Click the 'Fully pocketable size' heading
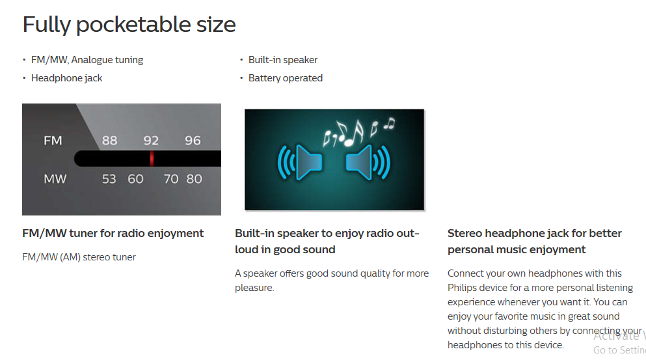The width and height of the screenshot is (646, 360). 129,25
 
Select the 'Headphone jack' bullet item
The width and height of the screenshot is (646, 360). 67,78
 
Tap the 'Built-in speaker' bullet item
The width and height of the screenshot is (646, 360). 283,60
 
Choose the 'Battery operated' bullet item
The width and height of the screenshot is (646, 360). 286,78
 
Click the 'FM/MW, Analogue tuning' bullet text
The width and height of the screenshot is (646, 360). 87,60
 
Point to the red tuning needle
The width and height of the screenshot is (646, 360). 152,159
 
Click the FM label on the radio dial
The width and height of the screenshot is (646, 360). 53,141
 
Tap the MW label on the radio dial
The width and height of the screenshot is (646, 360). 55,179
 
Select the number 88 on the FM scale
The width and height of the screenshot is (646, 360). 109,141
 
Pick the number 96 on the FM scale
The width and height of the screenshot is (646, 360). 193,141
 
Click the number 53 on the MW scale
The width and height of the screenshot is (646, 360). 109,179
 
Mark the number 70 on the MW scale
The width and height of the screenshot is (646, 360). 171,179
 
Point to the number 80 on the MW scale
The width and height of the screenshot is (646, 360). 194,179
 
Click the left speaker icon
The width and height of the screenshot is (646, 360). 300,163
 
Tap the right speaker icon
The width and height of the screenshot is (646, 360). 368,163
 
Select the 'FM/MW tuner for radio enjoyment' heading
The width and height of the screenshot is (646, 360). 113,234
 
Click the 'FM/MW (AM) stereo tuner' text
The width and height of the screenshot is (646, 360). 79,257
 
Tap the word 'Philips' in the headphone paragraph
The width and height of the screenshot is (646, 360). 463,288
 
